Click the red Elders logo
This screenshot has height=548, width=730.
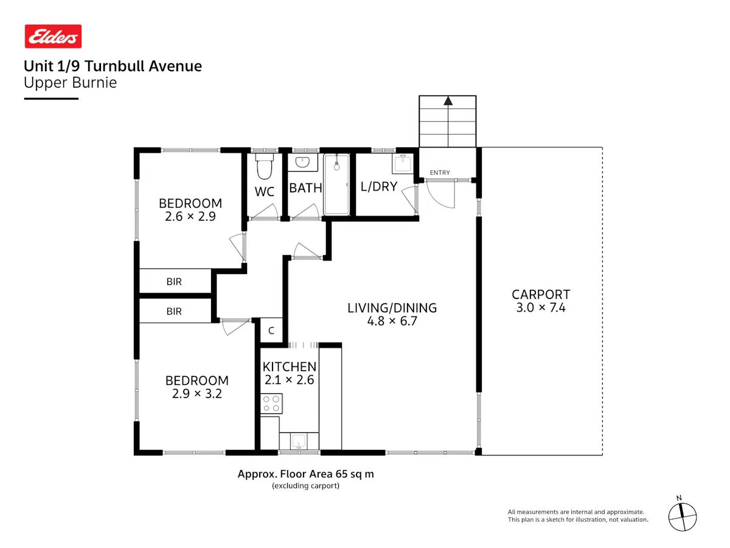click(x=53, y=37)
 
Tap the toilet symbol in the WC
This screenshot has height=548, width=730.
click(x=265, y=166)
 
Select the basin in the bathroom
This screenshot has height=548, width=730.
click(x=302, y=162)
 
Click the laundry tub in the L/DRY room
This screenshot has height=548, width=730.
click(x=403, y=164)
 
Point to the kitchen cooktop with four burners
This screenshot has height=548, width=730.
click(x=271, y=404)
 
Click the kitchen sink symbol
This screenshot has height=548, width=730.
click(x=298, y=441)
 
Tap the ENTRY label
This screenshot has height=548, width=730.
click(x=440, y=173)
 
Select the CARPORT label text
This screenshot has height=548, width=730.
click(x=541, y=295)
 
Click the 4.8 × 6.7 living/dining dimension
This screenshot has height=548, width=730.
click(x=392, y=321)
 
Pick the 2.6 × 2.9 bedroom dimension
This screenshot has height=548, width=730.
click(x=190, y=217)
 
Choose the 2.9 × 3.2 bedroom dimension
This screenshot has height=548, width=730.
click(x=197, y=394)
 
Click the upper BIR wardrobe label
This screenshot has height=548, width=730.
click(x=174, y=282)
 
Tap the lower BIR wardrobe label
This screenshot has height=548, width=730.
click(x=174, y=311)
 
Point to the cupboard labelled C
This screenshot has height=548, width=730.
click(x=271, y=331)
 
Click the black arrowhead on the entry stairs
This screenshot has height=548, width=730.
click(x=448, y=100)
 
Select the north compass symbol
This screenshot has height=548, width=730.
click(x=683, y=517)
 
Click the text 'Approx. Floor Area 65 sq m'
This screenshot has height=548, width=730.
click(x=305, y=474)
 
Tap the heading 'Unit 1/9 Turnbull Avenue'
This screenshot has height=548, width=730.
click(x=113, y=66)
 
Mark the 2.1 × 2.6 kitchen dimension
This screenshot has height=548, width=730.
click(x=290, y=380)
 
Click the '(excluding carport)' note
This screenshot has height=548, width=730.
click(x=305, y=486)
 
